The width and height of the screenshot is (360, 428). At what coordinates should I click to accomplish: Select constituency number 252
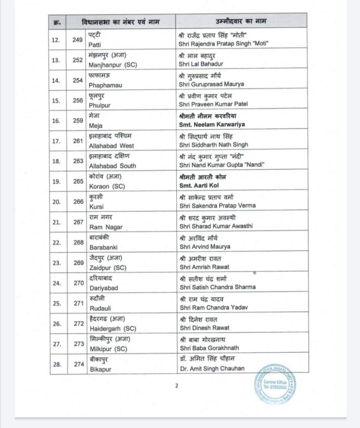[x=78, y=60]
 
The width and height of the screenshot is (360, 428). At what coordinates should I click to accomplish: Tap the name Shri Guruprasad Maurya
[x=211, y=84]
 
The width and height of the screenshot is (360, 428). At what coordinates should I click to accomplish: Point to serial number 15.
[x=56, y=100]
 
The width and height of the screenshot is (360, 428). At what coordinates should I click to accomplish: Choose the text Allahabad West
[x=112, y=145]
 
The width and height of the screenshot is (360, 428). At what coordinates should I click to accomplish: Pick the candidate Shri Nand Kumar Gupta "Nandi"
[x=221, y=165]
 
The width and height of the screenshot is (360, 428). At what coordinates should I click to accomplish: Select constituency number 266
[x=78, y=201]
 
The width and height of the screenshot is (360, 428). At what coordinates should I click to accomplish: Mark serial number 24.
[x=56, y=283]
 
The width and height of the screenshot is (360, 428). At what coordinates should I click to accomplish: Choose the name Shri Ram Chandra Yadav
[x=213, y=307]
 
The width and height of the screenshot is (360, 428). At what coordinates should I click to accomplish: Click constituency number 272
[x=79, y=323]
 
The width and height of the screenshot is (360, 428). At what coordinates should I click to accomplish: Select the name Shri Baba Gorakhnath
[x=208, y=348]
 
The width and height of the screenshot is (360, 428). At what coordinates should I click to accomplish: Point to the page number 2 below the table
[x=177, y=385]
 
